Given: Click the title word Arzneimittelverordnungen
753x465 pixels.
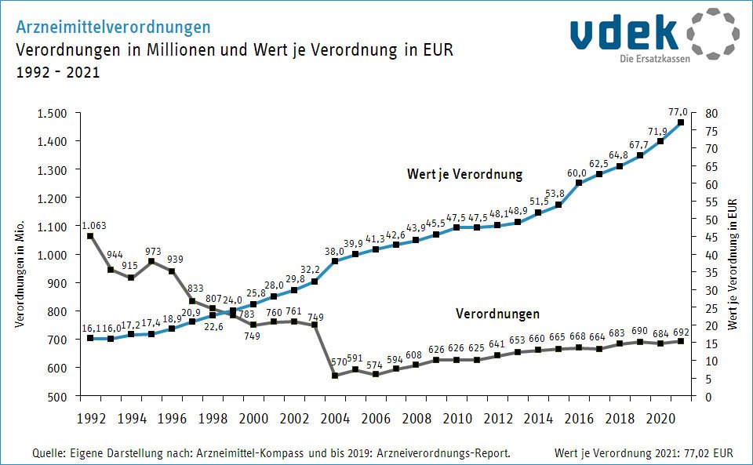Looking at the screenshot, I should point(114,27).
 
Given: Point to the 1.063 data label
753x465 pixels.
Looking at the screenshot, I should point(93,226).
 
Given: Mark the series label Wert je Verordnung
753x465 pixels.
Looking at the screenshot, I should point(464,174).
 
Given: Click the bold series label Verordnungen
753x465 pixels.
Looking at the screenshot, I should point(498,314).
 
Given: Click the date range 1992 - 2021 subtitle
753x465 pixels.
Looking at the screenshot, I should point(58,72).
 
